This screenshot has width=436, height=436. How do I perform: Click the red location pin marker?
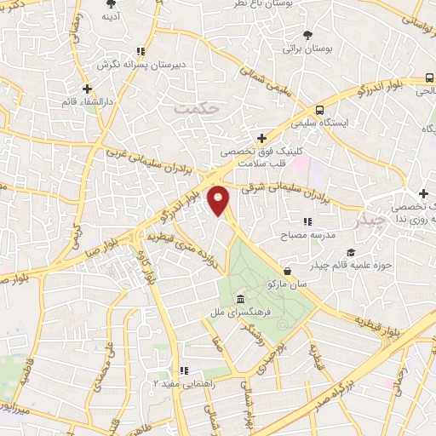coord(219,199)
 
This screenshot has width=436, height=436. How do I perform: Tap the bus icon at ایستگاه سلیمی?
coord(319,110)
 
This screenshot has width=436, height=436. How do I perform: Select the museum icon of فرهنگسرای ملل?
coord(241,300)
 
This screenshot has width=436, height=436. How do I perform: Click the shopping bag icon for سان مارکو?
coord(288,271)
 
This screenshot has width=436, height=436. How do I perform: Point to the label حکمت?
coord(197,109)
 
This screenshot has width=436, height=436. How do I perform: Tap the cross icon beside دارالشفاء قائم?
coord(88,88)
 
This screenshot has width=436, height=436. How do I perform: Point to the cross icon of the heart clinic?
coord(262,137)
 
